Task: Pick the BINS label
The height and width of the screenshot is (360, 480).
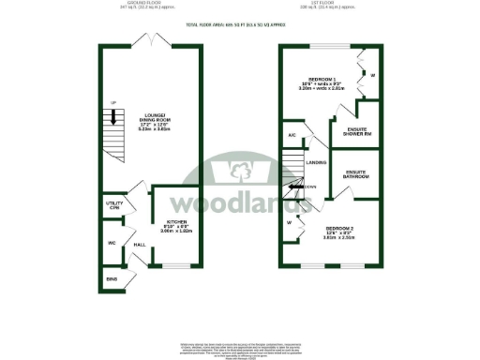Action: coord(112,279)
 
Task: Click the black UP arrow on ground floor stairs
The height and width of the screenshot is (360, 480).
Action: coord(115,118)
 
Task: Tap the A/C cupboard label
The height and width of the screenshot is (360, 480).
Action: coord(292,136)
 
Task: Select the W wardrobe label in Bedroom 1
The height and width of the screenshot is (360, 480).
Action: coord(372,74)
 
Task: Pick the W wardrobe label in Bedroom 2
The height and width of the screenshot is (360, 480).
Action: coord(290,223)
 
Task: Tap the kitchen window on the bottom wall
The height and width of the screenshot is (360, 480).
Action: coord(176,265)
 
